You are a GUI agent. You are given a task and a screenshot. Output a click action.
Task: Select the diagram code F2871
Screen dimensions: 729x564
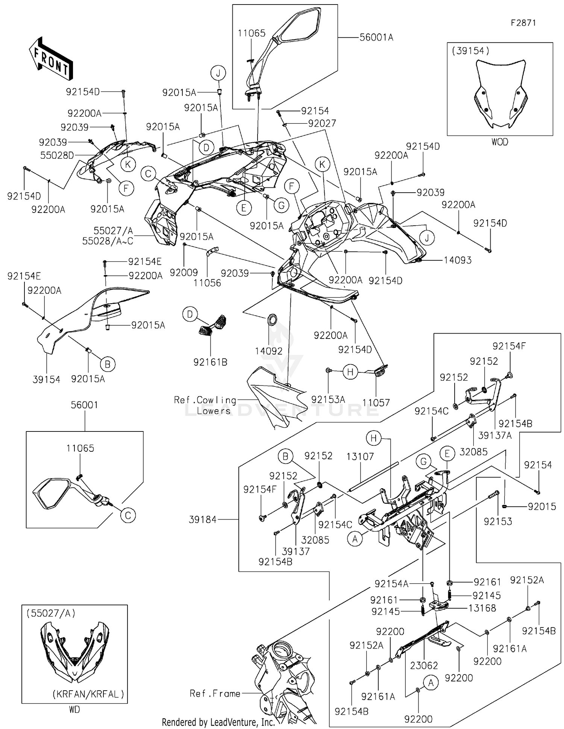point(523,23)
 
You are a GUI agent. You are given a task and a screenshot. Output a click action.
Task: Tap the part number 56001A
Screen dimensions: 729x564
point(376,37)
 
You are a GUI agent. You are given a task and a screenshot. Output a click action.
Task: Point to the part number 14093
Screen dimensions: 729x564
point(458,260)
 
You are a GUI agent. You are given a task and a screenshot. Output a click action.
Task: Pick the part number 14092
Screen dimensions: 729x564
point(268,351)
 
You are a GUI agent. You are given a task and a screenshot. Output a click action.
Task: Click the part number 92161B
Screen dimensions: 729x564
point(210,362)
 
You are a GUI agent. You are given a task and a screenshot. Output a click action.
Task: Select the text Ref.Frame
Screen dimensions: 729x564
point(215,693)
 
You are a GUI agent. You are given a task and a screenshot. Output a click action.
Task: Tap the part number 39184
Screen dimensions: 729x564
point(203,519)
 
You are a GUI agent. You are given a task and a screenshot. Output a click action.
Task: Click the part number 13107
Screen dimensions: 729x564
point(360,457)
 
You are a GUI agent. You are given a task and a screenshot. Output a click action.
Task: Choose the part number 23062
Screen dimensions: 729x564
point(424,665)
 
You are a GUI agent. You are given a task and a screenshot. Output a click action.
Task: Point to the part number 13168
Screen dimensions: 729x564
point(482,608)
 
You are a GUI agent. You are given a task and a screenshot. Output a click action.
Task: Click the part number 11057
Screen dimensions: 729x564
point(376,402)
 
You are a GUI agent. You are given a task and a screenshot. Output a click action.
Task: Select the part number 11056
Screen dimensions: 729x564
point(207,283)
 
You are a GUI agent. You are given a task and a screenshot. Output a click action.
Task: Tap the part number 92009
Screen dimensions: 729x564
point(183,273)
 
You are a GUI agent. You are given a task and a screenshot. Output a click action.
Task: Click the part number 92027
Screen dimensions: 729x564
point(322,123)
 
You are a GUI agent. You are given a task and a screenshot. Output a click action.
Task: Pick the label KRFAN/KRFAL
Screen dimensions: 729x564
point(88,694)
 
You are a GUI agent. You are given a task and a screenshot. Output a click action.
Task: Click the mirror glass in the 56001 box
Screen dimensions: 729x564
point(53,493)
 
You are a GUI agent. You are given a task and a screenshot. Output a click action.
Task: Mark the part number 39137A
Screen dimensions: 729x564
point(495,435)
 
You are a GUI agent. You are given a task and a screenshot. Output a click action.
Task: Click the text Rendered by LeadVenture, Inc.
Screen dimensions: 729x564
point(218,722)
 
